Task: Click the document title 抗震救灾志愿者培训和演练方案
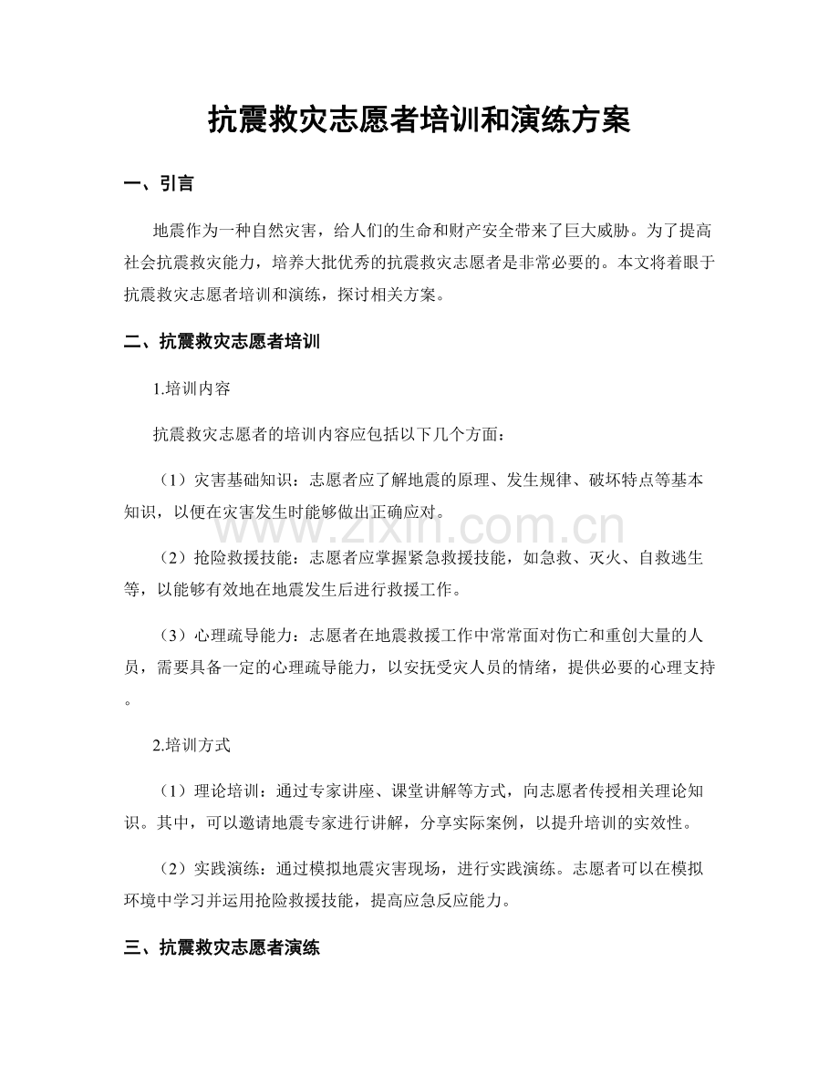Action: tap(419, 119)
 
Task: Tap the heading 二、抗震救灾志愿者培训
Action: tap(221, 343)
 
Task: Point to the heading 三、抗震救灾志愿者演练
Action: tap(221, 947)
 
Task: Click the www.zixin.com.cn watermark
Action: tap(419, 527)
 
